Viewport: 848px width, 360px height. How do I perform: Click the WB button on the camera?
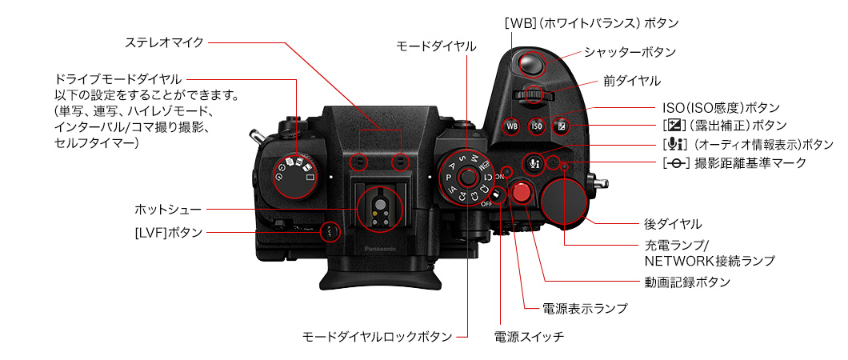click(512, 126)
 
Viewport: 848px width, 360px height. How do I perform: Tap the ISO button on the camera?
click(538, 126)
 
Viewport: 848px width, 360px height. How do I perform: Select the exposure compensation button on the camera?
click(562, 126)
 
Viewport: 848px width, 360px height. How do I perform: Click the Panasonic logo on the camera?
click(380, 249)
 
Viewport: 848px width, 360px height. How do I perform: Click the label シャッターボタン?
click(630, 52)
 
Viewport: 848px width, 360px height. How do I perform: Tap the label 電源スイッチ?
click(529, 336)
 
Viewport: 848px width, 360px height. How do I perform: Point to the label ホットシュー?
click(167, 210)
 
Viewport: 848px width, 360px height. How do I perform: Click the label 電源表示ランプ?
click(585, 308)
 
